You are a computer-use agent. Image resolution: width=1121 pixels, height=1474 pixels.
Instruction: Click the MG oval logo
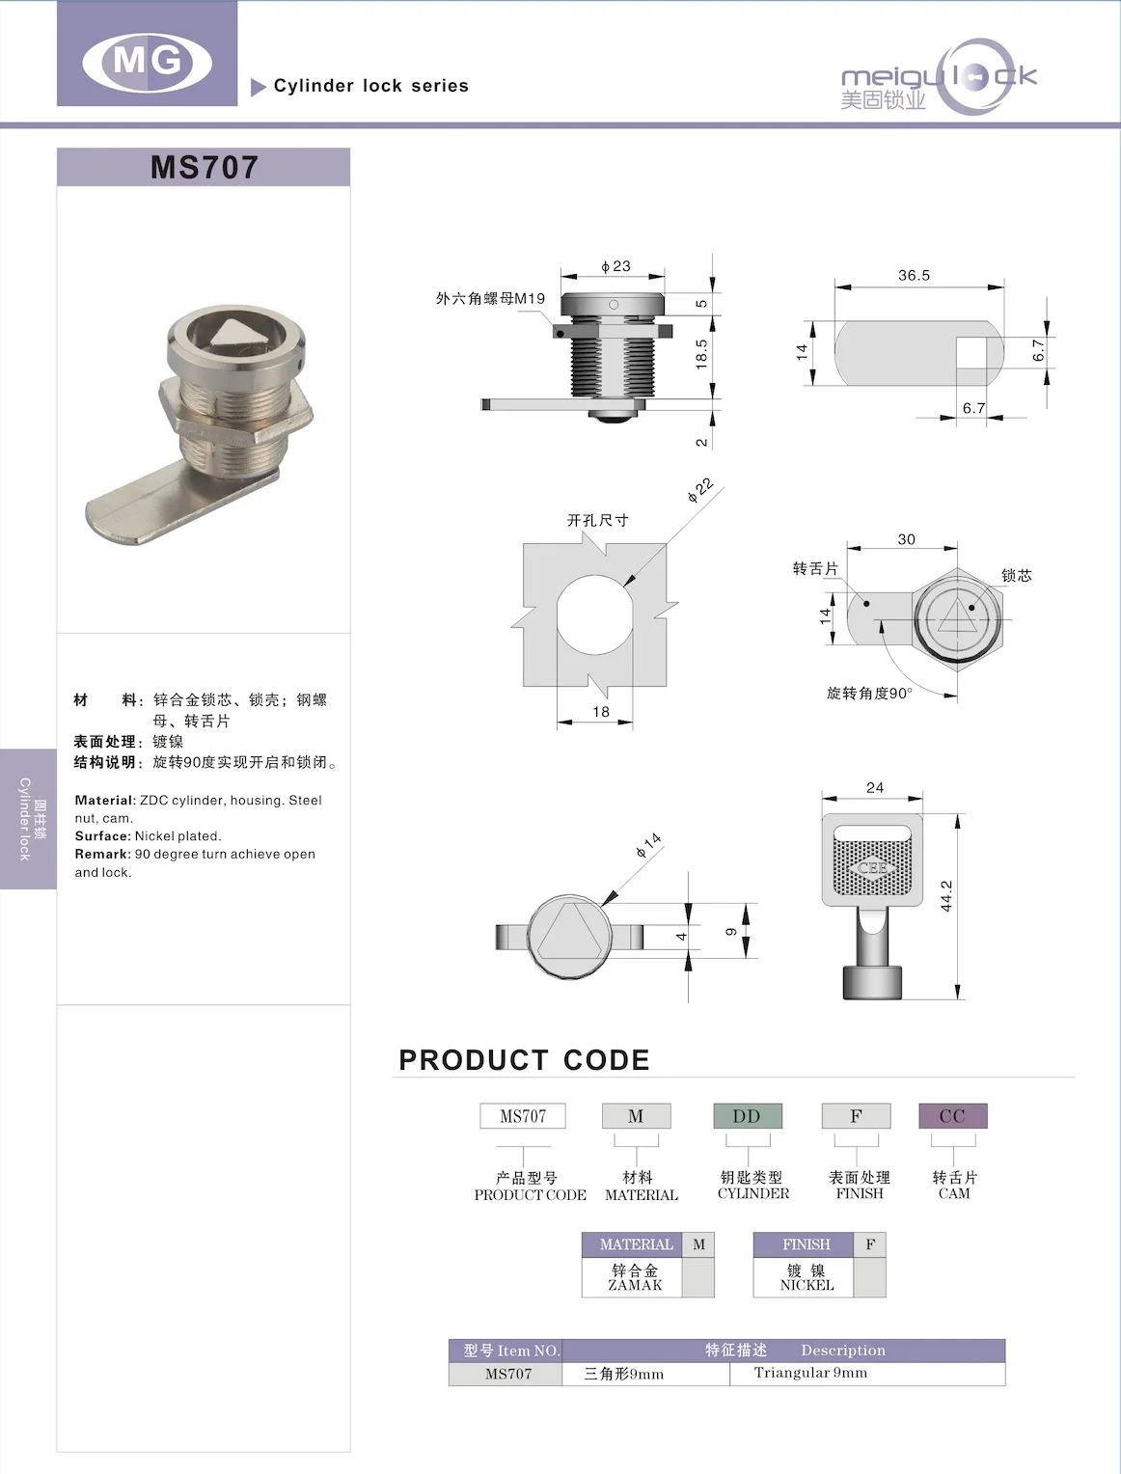[147, 62]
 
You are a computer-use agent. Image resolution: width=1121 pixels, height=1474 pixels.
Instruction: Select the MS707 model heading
[204, 167]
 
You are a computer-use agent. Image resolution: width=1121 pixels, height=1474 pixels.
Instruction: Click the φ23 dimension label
[615, 266]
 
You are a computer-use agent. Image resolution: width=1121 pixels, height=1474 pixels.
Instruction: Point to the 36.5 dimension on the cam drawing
[914, 276]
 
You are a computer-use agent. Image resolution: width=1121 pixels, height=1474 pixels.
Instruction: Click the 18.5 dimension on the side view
[701, 353]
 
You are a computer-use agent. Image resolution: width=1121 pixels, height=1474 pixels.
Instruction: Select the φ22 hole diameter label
[700, 490]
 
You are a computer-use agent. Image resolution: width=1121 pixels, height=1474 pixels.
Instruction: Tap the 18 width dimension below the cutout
[600, 712]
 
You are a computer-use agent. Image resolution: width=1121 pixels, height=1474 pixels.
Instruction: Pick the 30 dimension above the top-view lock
[906, 540]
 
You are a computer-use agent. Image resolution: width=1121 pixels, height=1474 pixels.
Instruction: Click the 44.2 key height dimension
[946, 896]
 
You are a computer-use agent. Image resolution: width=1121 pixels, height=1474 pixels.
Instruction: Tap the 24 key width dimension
[874, 788]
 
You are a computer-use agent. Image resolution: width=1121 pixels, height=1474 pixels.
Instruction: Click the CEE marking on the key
[872, 867]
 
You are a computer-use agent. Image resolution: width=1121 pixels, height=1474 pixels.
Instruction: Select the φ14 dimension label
[648, 845]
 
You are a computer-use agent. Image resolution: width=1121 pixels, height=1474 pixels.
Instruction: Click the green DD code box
[747, 1116]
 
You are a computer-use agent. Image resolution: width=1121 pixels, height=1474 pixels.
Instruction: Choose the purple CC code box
[951, 1116]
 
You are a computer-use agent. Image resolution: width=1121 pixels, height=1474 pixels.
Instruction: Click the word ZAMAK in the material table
[635, 1285]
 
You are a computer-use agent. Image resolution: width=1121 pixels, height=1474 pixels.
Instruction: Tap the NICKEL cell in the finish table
[807, 1285]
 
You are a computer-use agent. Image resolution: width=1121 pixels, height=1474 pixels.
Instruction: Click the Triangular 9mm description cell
[810, 1373]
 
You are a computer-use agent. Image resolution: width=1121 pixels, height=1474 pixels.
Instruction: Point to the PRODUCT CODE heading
[524, 1060]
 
